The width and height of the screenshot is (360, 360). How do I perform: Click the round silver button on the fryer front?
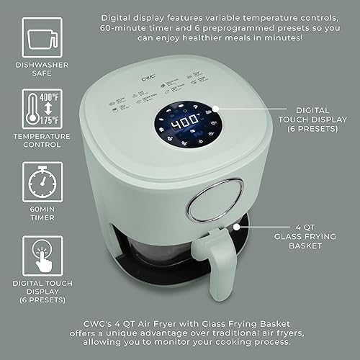coord(208,202)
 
